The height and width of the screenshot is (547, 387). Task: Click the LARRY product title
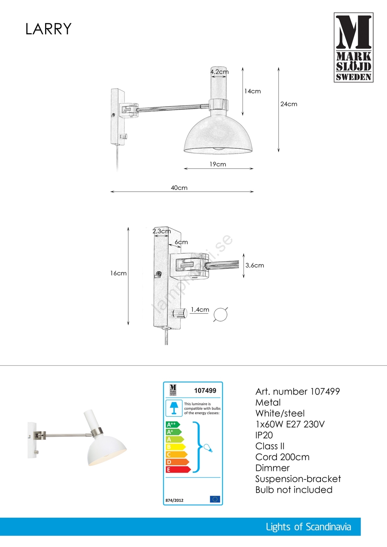(x=48, y=29)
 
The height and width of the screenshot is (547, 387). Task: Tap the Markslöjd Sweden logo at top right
(x=353, y=48)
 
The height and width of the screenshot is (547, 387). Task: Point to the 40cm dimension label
(x=179, y=188)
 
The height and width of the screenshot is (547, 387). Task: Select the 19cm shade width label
(x=218, y=164)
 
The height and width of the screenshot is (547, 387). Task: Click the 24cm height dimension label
(x=289, y=104)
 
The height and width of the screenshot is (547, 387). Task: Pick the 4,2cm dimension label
(x=220, y=72)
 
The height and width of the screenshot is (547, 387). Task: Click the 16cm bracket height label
(x=118, y=273)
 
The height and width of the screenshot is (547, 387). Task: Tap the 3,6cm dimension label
(x=255, y=265)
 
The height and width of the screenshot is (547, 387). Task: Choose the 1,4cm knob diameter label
(x=200, y=310)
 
